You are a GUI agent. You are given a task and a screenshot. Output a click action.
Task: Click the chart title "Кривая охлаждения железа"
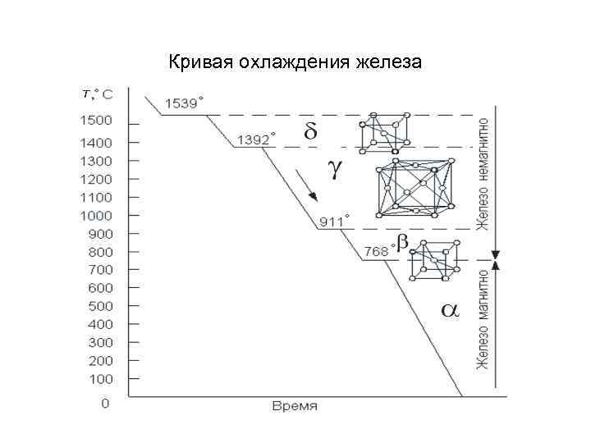click(x=295, y=62)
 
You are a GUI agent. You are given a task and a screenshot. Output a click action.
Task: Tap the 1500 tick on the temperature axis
click(x=96, y=121)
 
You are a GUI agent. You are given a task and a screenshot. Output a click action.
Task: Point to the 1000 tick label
click(x=96, y=215)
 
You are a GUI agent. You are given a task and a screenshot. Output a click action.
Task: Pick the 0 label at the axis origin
click(x=105, y=404)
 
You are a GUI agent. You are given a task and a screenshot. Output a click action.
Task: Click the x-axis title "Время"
click(x=295, y=407)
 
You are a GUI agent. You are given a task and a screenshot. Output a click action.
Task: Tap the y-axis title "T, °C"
click(x=98, y=94)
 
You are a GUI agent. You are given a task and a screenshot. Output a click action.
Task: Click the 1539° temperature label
click(x=185, y=104)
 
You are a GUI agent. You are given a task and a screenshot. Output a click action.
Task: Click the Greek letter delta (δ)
click(x=310, y=131)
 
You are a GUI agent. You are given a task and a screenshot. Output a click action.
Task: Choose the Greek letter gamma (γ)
click(x=334, y=167)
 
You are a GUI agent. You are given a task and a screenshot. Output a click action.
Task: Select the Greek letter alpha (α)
click(x=451, y=310)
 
